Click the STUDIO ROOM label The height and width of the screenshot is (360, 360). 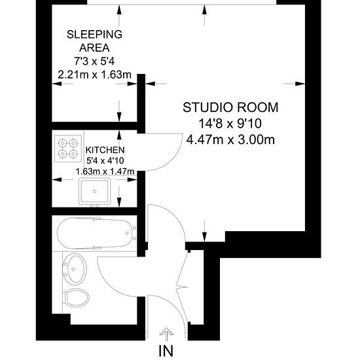(x=230, y=107)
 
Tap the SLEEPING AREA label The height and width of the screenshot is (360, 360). (x=94, y=41)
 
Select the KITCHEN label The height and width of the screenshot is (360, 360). (x=105, y=150)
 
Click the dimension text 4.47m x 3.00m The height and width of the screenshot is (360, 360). (x=230, y=139)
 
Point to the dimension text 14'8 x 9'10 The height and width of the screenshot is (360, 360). (x=230, y=124)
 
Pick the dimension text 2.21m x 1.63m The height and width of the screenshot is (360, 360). (x=95, y=75)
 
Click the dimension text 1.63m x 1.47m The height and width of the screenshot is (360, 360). (x=105, y=171)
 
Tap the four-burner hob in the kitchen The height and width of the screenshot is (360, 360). (x=68, y=149)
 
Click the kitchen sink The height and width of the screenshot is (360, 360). (x=94, y=191)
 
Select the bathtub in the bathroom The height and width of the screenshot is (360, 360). (x=97, y=233)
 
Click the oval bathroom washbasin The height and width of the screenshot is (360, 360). (x=75, y=269)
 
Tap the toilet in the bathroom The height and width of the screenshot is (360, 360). (x=76, y=298)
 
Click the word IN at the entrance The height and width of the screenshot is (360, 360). (x=166, y=351)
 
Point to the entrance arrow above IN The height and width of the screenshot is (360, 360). (x=166, y=334)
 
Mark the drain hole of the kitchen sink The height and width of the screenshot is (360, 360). (x=95, y=191)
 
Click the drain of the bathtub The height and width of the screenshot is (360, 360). (x=127, y=233)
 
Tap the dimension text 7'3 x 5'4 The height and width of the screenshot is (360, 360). (x=94, y=62)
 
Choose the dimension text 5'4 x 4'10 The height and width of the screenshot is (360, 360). (x=105, y=160)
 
